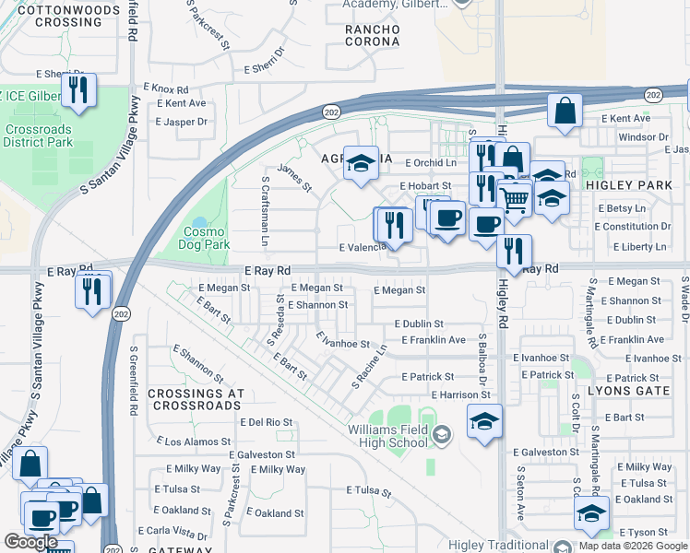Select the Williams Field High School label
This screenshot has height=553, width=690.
click(x=388, y=436)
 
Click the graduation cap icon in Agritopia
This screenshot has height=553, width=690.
click(x=362, y=163)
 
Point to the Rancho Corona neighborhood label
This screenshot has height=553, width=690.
click(x=372, y=35)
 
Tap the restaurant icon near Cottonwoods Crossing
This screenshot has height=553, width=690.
click(x=77, y=89)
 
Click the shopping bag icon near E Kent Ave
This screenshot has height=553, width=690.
click(x=565, y=111)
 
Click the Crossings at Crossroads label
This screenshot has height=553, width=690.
click(x=195, y=399)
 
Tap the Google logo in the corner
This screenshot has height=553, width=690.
click(x=30, y=542)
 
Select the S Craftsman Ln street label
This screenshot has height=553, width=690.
click(x=265, y=211)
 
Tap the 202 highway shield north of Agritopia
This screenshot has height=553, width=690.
click(x=330, y=111)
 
